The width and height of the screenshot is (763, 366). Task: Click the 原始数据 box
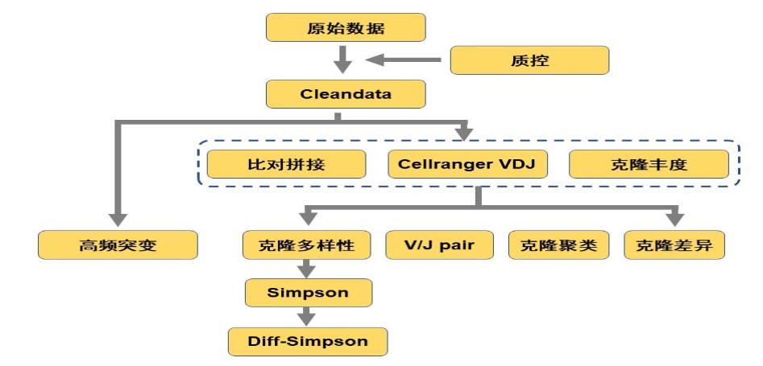pyautogui.click(x=346, y=28)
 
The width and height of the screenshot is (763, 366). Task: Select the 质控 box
pyautogui.click(x=529, y=60)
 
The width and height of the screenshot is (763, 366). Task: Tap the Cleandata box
pyautogui.click(x=346, y=94)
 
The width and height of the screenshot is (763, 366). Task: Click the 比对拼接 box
pyautogui.click(x=287, y=164)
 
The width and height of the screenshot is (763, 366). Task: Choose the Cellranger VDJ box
pyautogui.click(x=467, y=164)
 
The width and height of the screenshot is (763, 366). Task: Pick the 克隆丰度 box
pyautogui.click(x=649, y=164)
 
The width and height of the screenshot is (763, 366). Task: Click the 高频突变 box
pyautogui.click(x=118, y=245)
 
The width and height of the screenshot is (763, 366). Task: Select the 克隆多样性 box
pyautogui.click(x=307, y=245)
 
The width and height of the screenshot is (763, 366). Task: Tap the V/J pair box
pyautogui.click(x=439, y=245)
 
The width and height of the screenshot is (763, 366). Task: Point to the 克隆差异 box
pyautogui.click(x=675, y=245)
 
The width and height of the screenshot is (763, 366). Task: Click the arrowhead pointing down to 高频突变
pyautogui.click(x=118, y=219)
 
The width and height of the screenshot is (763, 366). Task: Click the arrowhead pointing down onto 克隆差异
pyautogui.click(x=675, y=219)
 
